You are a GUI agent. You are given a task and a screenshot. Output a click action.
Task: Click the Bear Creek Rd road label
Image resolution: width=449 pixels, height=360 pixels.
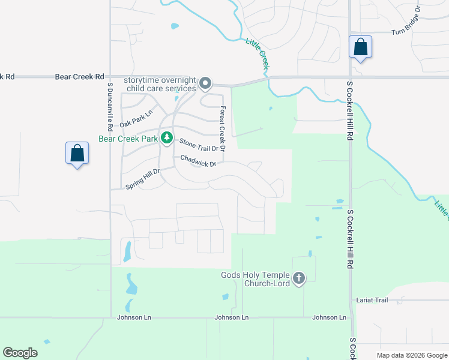tap(79, 77)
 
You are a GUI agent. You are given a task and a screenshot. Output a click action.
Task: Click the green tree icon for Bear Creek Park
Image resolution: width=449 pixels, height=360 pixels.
tap(166, 138)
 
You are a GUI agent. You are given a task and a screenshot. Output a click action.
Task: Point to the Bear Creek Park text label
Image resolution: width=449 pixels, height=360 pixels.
tap(128, 139)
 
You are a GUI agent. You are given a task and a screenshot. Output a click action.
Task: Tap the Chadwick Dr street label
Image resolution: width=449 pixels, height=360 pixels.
tap(197, 160)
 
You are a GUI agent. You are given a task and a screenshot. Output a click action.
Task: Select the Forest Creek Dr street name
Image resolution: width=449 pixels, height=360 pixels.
tap(222, 128)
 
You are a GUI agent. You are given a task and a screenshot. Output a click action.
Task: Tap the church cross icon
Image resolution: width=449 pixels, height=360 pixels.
tap(299, 278)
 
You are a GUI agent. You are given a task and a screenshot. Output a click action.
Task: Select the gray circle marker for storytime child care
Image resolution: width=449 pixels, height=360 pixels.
tap(205, 83)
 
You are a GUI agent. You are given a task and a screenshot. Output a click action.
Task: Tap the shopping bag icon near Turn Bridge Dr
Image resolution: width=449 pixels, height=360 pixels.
tap(360, 47)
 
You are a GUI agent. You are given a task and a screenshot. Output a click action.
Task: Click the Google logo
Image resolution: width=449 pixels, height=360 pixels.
tap(20, 353)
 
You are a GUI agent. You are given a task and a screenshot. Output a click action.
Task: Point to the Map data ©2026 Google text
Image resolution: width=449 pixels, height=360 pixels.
tap(411, 355)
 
